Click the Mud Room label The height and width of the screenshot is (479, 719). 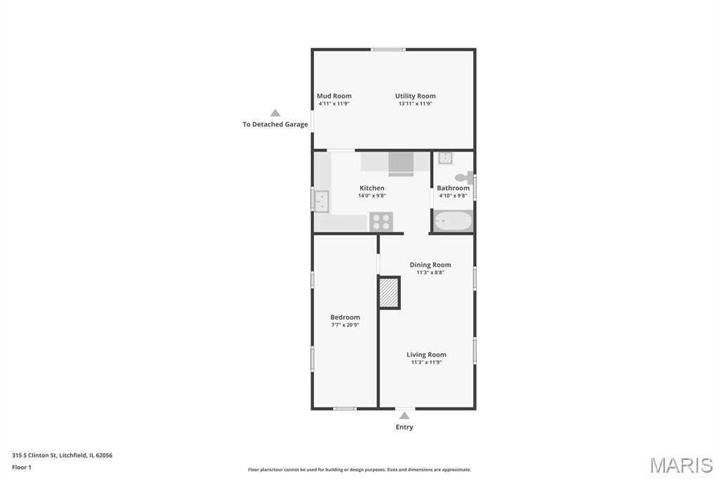pos(334,96)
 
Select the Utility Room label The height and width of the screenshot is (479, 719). pos(416,96)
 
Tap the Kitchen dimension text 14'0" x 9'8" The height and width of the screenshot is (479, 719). pos(372,195)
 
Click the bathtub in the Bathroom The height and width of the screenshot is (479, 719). pos(453,221)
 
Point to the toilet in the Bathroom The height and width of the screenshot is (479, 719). pos(463,178)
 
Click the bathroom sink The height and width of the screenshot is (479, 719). pos(445,158)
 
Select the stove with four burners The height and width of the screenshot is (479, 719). pos(381,222)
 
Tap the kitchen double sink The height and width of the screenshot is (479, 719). pos(321,201)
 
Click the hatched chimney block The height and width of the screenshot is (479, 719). pos(389,293)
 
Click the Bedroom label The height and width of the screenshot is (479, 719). pos(345,317)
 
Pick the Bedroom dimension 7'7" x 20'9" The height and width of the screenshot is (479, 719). pos(345,325)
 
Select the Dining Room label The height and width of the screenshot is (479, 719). pos(430,265)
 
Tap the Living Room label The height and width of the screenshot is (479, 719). pos(426,355)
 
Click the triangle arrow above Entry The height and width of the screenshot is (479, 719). pos(404,416)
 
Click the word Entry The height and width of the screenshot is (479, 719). pos(404,427)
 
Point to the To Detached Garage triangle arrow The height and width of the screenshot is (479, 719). pos(275,113)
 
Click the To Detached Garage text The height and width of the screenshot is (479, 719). pos(275,124)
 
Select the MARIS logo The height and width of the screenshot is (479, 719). pos(681,465)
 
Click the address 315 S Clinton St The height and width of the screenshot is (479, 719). pos(34,455)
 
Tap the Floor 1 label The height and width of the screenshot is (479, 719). pos(22,467)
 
